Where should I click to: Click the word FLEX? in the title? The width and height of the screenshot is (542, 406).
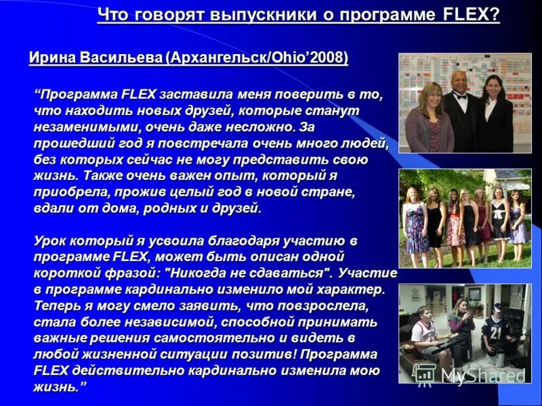(471, 15)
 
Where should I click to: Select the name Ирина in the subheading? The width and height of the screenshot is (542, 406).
(52, 58)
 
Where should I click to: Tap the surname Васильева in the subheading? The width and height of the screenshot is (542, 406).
(120, 58)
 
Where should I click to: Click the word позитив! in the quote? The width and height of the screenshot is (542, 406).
(266, 355)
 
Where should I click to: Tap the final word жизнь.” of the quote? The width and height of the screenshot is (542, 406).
(60, 387)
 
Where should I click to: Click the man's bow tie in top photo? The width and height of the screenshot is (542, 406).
(461, 97)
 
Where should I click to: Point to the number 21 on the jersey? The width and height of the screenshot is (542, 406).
(496, 332)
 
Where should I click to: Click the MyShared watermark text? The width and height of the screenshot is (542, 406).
(482, 376)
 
